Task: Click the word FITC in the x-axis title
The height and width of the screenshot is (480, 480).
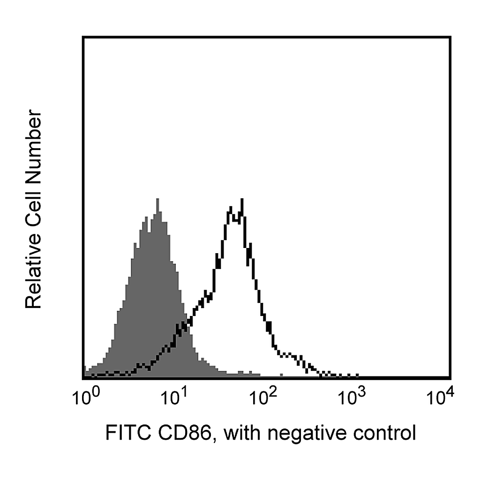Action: tap(128, 433)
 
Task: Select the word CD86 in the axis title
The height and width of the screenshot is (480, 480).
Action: tap(185, 433)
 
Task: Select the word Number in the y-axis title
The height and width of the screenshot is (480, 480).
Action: tap(33, 146)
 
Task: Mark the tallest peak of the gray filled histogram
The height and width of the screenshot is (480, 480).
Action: tap(157, 199)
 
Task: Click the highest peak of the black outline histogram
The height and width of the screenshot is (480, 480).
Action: tap(242, 200)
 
